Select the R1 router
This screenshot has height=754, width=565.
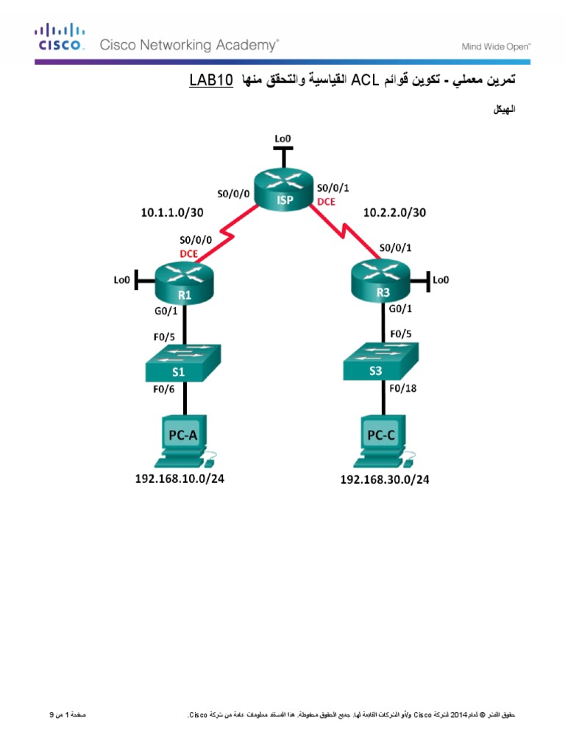coord(184,283)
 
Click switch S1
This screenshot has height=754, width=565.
coord(184,362)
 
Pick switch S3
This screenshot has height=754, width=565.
coord(381,361)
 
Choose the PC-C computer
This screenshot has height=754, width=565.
coord(383,441)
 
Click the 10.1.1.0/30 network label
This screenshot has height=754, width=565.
coord(172,213)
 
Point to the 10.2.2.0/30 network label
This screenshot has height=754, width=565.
coord(395,213)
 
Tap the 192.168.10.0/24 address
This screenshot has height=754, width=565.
coord(179,479)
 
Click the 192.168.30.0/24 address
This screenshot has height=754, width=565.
coord(384,479)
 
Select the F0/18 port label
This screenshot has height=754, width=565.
coord(403,388)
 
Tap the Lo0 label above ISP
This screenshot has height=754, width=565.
coord(282,138)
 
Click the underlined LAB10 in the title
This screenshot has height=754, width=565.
coord(210,80)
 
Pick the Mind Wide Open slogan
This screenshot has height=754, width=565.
coord(496,46)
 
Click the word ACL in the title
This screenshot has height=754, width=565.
coord(363,80)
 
